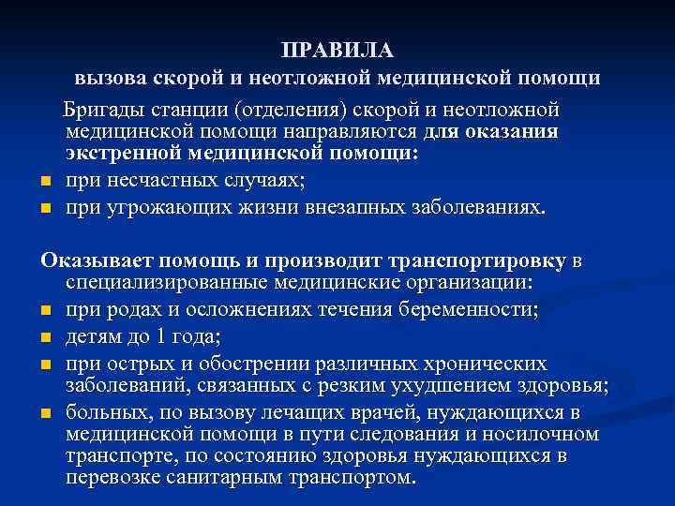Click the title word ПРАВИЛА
coord(337,50)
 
